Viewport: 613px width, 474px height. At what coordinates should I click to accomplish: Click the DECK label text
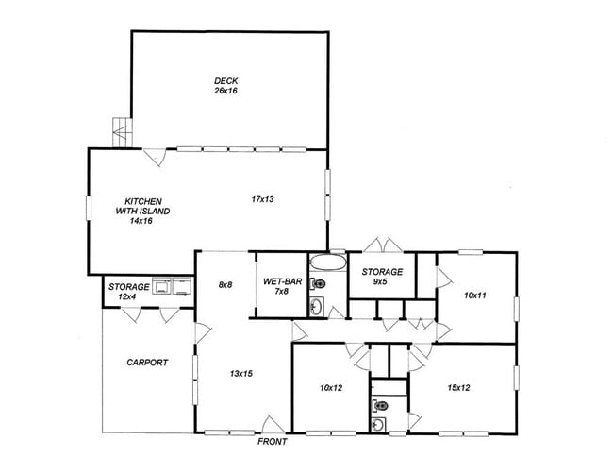224,80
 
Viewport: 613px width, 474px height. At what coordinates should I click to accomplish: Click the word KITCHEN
144,200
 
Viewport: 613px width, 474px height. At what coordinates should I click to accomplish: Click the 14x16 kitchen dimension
141,221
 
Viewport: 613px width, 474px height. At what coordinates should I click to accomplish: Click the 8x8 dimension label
224,283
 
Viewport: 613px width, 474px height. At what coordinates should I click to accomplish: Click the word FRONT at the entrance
273,442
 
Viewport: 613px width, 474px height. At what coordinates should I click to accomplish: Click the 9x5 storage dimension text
381,281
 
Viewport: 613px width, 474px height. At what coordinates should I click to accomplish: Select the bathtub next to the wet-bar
327,262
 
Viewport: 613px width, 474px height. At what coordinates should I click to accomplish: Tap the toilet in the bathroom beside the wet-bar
320,283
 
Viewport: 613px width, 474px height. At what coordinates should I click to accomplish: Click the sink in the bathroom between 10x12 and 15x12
379,424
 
